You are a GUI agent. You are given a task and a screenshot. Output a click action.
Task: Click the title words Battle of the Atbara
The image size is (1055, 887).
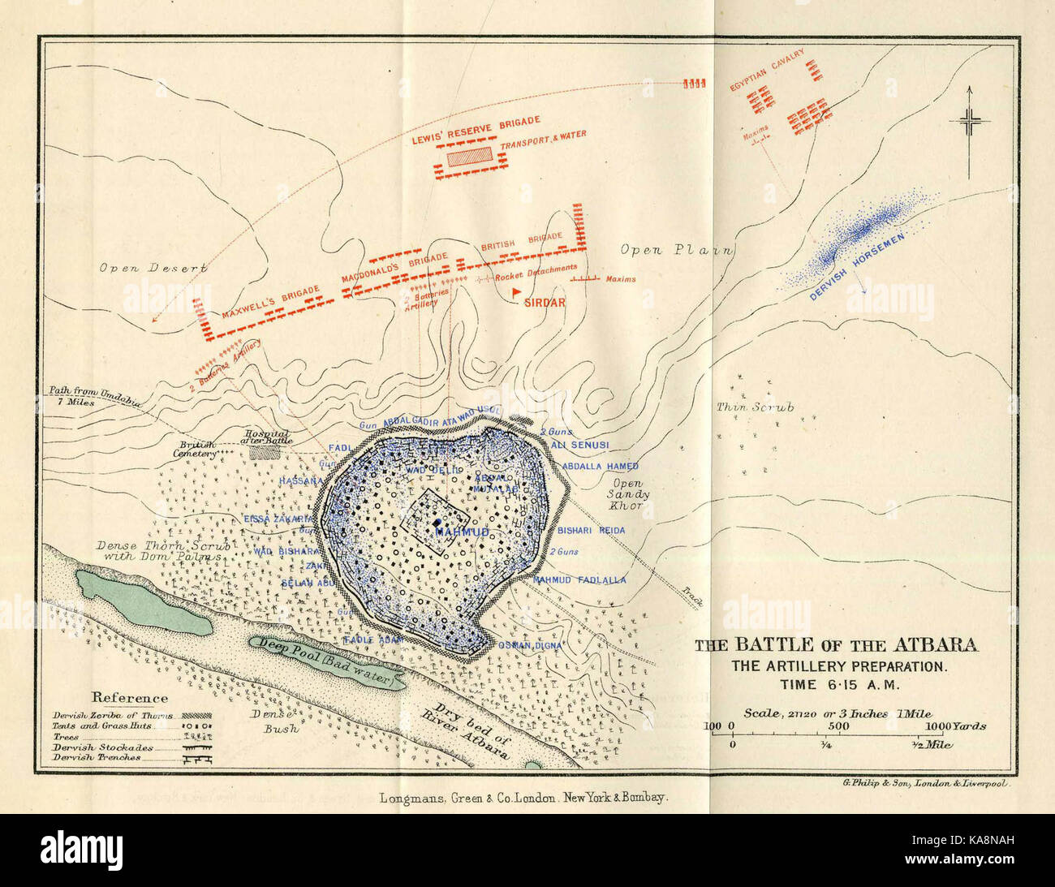point(836,646)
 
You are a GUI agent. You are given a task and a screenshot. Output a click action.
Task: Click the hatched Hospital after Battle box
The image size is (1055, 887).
point(264,451)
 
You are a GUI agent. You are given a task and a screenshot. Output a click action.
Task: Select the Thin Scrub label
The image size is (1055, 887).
point(754,407)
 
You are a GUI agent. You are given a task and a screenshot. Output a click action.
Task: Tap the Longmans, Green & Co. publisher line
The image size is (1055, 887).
point(523,798)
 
